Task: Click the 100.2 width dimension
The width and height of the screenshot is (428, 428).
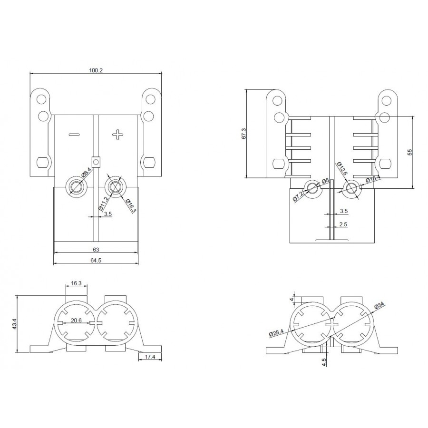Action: pos(96,70)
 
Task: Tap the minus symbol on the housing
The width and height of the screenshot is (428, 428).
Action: pos(74,135)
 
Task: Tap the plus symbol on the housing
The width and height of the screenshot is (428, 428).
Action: pos(117,135)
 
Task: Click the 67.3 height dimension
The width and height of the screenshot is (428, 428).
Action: pos(244,134)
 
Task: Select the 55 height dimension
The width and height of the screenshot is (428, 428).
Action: pos(410,152)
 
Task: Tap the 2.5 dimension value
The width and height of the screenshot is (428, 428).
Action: pos(344,224)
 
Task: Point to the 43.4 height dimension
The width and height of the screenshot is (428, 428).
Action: pos(15,324)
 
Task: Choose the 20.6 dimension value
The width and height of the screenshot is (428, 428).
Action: pos(77,321)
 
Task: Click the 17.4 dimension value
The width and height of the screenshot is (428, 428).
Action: pos(150,356)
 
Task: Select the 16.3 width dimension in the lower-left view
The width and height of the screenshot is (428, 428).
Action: pos(77,283)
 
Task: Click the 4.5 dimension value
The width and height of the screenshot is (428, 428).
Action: pos(324,362)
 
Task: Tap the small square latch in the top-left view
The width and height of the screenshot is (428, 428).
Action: pos(96,162)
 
